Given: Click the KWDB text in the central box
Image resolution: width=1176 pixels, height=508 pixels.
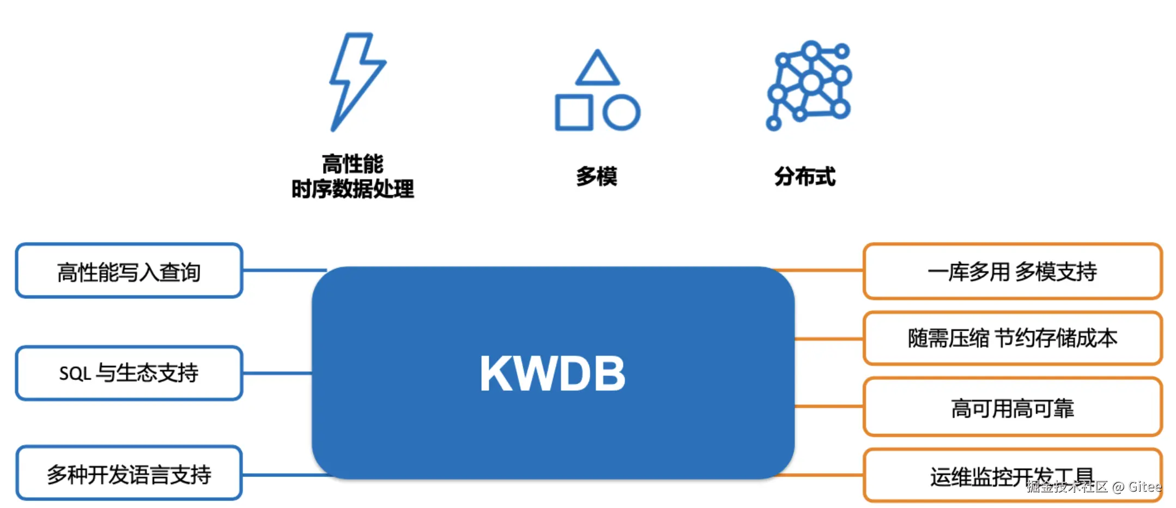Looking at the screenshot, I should [x=552, y=373].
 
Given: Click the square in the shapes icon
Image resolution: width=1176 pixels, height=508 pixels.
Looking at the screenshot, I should [x=573, y=113].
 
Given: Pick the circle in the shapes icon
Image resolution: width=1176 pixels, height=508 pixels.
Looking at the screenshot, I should [x=621, y=113].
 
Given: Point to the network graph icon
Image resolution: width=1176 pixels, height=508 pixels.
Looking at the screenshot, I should [x=809, y=84].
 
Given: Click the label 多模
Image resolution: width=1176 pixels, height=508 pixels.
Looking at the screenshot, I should [x=596, y=177].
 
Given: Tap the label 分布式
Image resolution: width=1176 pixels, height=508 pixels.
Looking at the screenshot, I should [x=805, y=177].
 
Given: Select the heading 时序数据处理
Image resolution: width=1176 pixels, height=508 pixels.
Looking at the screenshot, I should [x=353, y=189].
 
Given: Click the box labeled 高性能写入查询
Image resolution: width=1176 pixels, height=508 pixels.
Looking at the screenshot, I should [x=129, y=271].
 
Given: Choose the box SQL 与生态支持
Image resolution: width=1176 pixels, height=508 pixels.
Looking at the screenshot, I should [x=129, y=373].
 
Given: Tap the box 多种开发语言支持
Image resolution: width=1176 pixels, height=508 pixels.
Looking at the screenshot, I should [x=129, y=474].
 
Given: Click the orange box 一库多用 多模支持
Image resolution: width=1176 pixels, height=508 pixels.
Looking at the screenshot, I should [x=1012, y=271].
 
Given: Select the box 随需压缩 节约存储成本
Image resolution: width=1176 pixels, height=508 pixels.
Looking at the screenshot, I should [x=1012, y=338].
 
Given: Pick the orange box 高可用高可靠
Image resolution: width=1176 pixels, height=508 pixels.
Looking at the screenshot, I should [x=1012, y=408].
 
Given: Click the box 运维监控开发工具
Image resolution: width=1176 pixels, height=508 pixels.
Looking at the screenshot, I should [x=1012, y=475].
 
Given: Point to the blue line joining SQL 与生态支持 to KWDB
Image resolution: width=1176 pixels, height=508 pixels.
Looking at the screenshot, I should [x=277, y=373].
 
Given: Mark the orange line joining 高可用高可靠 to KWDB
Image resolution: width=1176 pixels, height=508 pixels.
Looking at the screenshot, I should [x=828, y=407].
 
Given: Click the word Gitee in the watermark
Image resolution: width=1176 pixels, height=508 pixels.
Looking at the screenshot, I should [x=1144, y=487].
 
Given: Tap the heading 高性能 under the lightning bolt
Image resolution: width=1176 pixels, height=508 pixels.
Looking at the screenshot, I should [x=353, y=164].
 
